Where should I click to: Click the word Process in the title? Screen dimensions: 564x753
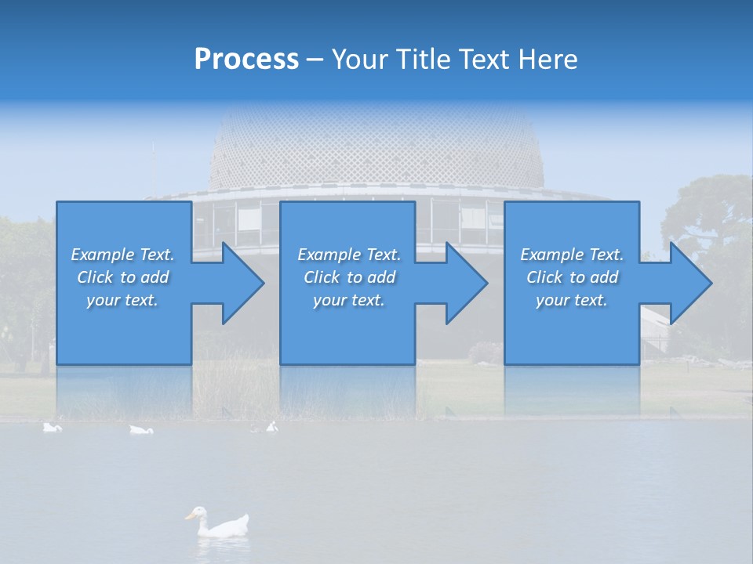(246, 59)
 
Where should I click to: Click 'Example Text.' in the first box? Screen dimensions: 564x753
(122, 255)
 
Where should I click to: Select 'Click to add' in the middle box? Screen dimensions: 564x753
(349, 277)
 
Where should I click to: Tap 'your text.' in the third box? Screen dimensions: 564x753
(571, 300)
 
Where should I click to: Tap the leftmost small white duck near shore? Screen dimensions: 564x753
(52, 427)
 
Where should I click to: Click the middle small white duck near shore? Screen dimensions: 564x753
(141, 429)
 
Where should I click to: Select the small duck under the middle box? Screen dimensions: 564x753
(271, 427)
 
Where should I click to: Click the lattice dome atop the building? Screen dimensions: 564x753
(376, 149)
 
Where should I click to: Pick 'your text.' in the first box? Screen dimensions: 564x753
(122, 300)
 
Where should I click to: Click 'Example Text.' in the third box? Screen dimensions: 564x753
(571, 255)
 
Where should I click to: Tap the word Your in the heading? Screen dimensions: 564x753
(358, 59)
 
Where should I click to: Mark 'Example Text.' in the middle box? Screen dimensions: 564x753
(349, 255)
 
